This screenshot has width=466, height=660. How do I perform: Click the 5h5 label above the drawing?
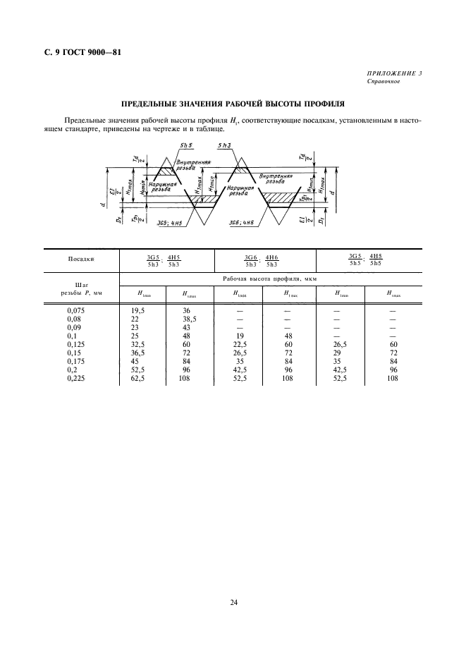(x=186, y=145)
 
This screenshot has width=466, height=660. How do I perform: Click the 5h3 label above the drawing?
(x=226, y=145)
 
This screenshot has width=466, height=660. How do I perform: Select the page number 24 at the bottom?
(x=233, y=602)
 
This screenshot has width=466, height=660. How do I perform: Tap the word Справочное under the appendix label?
(x=384, y=82)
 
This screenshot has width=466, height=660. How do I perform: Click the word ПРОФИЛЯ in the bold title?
(x=330, y=103)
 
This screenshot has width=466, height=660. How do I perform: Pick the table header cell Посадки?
(x=81, y=259)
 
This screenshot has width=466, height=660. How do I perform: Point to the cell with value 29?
(x=339, y=353)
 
